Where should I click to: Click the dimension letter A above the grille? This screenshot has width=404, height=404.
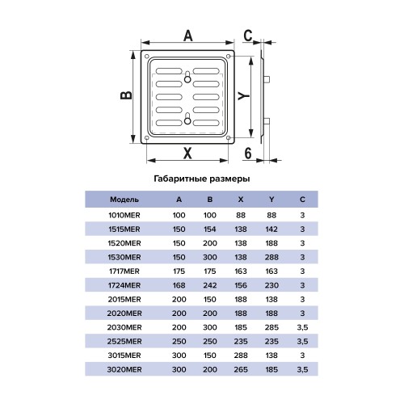(188, 36)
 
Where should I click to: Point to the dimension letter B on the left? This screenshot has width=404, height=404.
(126, 95)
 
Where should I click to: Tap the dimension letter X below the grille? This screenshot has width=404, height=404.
(187, 153)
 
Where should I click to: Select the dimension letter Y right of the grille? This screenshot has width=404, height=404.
(244, 95)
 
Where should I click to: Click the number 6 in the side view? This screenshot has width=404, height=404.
(248, 153)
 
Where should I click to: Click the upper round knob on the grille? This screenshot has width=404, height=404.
(187, 79)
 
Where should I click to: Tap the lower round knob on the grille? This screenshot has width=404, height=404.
(187, 120)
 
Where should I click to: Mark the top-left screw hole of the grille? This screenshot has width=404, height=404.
(147, 57)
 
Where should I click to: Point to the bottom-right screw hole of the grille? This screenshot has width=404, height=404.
(229, 138)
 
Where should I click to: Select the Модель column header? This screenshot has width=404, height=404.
(124, 200)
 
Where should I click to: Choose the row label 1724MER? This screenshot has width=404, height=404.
(124, 285)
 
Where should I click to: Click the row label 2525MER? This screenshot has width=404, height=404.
(124, 341)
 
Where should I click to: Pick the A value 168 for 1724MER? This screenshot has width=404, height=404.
(179, 285)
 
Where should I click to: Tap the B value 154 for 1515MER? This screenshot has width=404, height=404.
(210, 229)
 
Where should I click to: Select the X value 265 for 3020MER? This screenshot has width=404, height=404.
(241, 369)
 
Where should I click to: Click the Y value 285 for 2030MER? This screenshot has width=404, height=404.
(271, 327)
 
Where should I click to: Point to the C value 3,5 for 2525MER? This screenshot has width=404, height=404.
(302, 342)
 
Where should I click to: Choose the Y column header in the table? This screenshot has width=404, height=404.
(271, 200)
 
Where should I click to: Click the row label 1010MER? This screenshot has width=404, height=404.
(124, 215)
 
